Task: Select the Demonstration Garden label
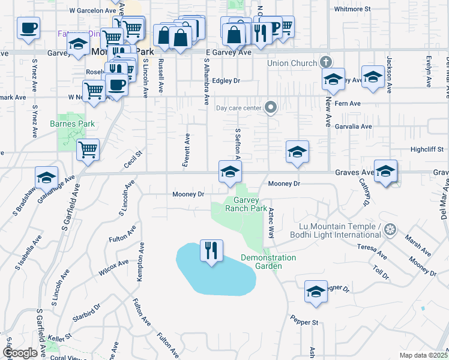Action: (268, 262)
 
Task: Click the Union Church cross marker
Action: (325, 62)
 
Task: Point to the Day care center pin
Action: (271, 108)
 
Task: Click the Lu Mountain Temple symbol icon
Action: (391, 229)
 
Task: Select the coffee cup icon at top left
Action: (28, 28)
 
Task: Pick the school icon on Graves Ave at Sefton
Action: (229, 172)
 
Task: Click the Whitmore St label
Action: (352, 10)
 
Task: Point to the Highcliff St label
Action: (427, 149)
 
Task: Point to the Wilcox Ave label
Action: (114, 267)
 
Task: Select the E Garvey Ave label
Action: (228, 53)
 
